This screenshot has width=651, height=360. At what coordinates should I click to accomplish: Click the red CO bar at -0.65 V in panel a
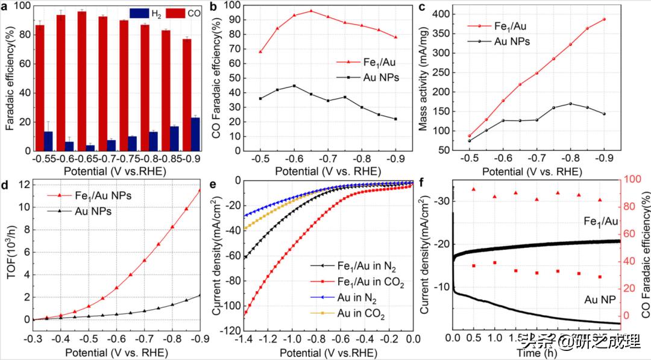[x=81, y=84]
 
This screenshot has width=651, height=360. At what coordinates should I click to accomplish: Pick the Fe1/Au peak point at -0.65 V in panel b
[x=311, y=11]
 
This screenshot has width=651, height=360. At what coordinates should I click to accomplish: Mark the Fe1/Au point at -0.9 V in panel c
[x=604, y=19]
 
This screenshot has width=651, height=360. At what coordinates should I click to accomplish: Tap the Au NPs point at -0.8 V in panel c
[x=570, y=104]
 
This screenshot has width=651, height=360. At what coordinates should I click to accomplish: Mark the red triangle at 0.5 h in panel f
[x=474, y=189]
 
